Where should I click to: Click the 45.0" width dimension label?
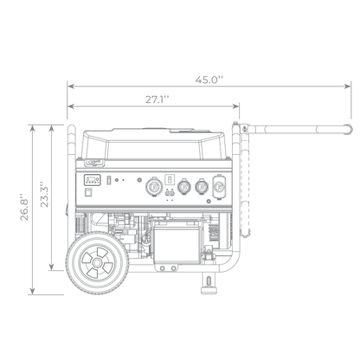click(209, 80)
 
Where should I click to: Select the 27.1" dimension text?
click(157, 100)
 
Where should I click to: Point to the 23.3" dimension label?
click(44, 194)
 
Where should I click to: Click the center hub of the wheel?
click(97, 263)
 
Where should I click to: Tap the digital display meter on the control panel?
click(92, 180)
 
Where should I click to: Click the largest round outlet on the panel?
click(154, 187)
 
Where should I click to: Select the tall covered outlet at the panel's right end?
click(219, 187)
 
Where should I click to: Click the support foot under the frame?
click(209, 283)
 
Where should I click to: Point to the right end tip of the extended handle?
click(351, 129)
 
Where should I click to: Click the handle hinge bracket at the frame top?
click(244, 129)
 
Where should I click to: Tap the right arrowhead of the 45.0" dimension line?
click(348, 86)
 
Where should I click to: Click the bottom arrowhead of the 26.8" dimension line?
click(33, 291)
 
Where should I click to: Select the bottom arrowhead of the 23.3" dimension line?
click(52, 267)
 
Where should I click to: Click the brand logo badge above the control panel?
click(94, 163)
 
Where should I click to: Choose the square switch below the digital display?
click(88, 192)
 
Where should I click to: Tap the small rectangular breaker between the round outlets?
click(170, 180)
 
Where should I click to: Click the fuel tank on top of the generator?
click(153, 145)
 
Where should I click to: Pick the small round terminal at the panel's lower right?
click(209, 202)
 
